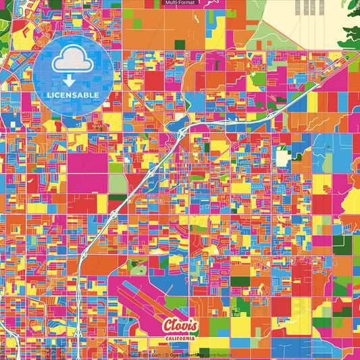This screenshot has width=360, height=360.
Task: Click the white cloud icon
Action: tap(73, 59)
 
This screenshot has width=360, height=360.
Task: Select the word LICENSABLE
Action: tap(73, 95)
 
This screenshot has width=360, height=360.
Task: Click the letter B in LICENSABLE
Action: tap(86, 95)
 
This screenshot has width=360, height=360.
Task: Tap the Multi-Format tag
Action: tap(180, 3)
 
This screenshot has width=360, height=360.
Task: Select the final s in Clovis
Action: tap(195, 324)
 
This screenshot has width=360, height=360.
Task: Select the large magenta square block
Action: tap(86, 163)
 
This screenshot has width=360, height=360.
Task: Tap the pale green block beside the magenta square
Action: tap(118, 183)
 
